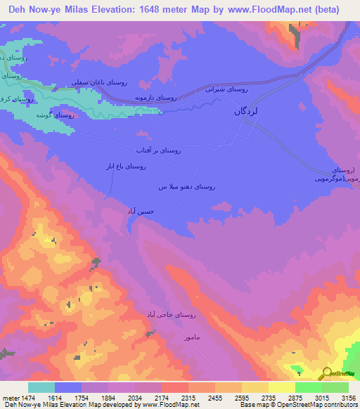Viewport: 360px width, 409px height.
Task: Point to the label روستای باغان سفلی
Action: pyautogui.click(x=100, y=83)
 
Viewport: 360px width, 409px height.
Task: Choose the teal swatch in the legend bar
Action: pyautogui.click(x=41, y=387)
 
